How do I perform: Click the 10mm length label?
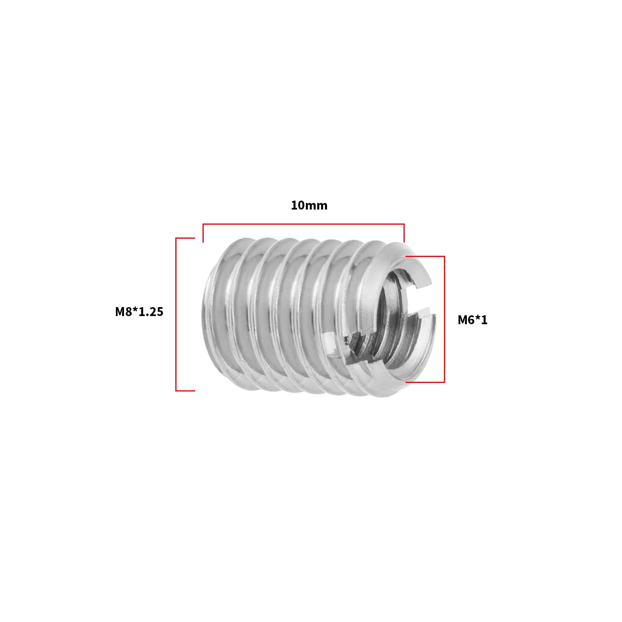click(309, 205)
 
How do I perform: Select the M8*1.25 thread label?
click(139, 312)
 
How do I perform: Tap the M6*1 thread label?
click(472, 320)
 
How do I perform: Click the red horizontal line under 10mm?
click(303, 224)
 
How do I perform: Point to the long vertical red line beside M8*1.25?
click(176, 314)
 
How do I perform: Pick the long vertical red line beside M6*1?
click(444, 319)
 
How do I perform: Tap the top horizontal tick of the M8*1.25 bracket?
click(185, 238)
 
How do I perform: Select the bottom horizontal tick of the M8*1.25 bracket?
click(185, 390)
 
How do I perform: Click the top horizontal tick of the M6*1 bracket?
click(425, 257)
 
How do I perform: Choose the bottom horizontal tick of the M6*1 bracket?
click(425, 382)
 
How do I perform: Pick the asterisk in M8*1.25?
click(136, 310)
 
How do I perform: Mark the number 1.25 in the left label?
click(151, 312)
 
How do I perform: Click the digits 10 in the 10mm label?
click(297, 205)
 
